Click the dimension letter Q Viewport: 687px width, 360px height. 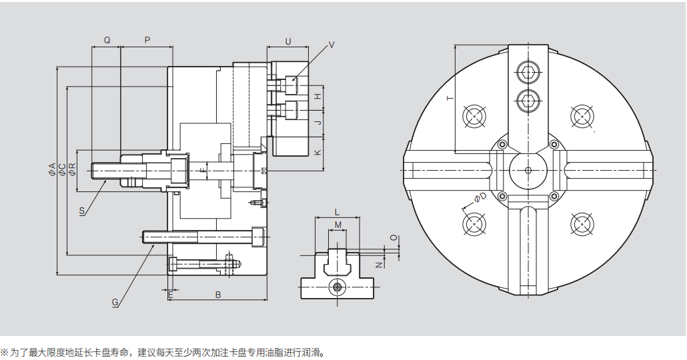point(107,40)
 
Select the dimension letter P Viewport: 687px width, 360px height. point(147,40)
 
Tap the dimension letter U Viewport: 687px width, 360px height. point(288,41)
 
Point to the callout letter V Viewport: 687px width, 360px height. point(331,45)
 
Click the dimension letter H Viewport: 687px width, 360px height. point(318,97)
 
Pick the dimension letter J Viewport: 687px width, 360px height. point(318,123)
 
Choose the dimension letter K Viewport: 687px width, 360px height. point(318,152)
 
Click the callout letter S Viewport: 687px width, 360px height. point(81,211)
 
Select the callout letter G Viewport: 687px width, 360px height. point(115,302)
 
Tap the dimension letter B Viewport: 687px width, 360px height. point(217,294)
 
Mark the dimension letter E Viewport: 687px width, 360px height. point(171,294)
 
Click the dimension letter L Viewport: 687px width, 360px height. point(337,212)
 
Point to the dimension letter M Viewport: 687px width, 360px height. point(337,225)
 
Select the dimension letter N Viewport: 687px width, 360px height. point(378,265)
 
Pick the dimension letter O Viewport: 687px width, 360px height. point(394,237)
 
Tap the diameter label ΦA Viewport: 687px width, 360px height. point(52,169)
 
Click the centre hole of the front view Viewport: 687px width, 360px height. point(528,169)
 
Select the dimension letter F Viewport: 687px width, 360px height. point(203,171)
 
